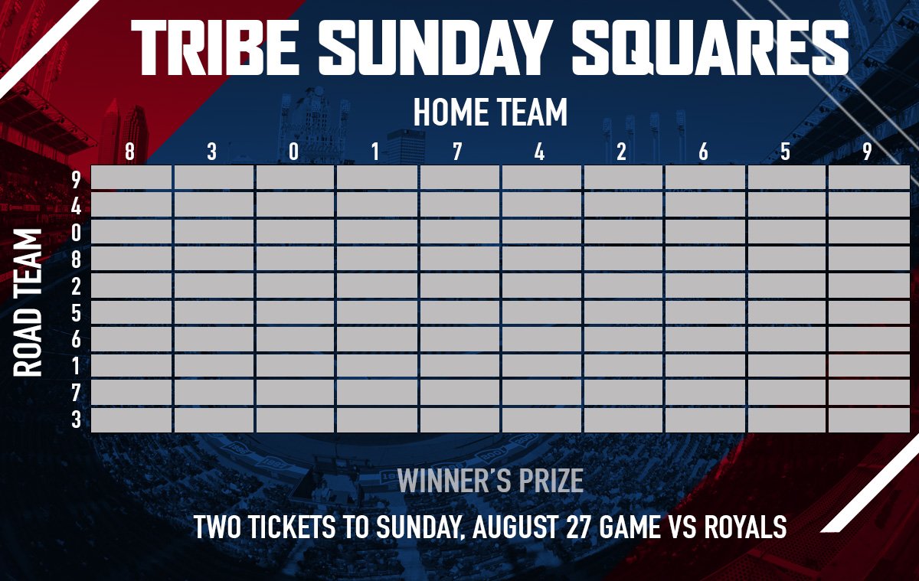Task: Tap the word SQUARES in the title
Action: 709,46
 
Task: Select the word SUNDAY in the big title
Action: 436,46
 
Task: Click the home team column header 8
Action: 129,152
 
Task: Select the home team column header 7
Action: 457,152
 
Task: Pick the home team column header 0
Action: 294,152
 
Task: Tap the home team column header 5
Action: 785,152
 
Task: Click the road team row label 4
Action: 76,205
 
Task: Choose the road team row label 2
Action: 76,286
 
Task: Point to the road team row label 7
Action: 76,393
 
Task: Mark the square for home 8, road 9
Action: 131,178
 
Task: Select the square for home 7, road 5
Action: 459,312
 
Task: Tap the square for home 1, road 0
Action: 377,232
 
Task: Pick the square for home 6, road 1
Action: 704,366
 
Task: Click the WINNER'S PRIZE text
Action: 490,481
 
